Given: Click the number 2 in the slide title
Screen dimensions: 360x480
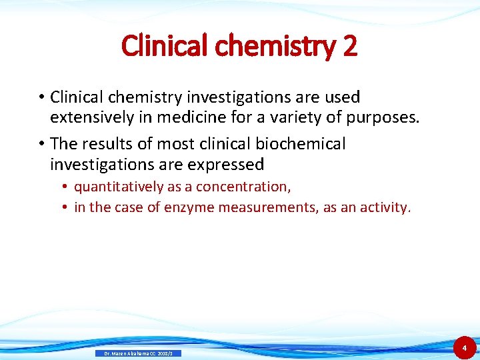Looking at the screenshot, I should [349, 46].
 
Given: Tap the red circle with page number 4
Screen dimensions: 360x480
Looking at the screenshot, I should [464, 347].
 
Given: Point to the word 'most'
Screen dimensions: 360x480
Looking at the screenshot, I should [172, 143].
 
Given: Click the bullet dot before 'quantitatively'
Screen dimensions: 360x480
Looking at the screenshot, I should [67, 187].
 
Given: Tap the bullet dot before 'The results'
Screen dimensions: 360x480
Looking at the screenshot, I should [41, 144].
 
